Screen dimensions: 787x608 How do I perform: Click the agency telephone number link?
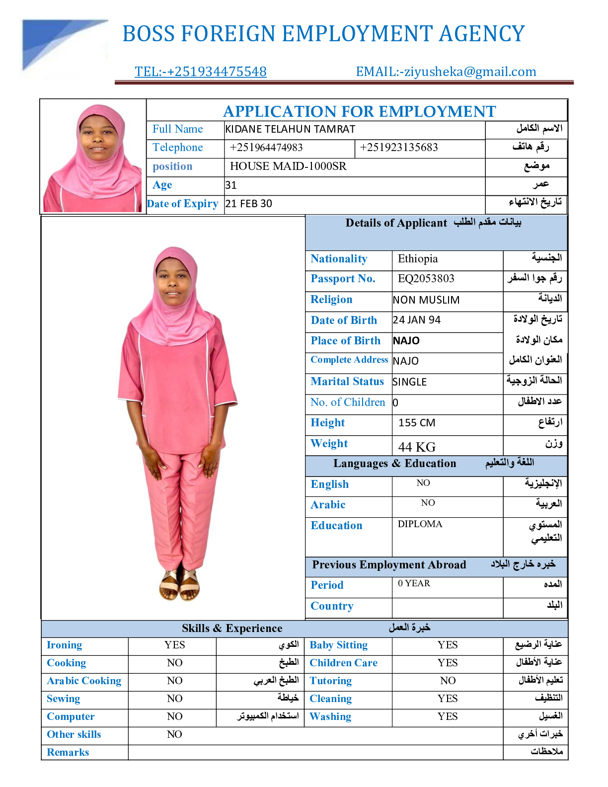200,72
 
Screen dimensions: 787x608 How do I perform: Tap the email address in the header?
446,72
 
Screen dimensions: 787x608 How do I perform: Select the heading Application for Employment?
359,111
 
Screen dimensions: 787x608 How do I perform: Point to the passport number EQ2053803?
426,279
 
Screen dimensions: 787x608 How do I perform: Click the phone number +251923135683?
399,148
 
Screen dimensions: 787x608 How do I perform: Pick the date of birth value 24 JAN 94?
416,320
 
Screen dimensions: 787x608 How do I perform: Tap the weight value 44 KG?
417,447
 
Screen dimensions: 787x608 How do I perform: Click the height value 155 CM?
417,423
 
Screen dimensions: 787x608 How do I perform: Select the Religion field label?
331,300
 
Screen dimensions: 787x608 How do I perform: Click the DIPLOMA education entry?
420,524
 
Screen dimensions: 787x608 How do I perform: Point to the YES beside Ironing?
174,645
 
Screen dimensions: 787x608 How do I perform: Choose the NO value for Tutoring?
448,681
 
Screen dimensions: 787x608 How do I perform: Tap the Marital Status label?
347,382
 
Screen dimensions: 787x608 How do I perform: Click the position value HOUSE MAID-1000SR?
288,166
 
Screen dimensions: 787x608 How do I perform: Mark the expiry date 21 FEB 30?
248,204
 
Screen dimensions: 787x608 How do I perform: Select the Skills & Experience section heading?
232,629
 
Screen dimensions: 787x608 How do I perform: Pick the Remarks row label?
68,752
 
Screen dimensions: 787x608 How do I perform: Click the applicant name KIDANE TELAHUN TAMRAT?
290,129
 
